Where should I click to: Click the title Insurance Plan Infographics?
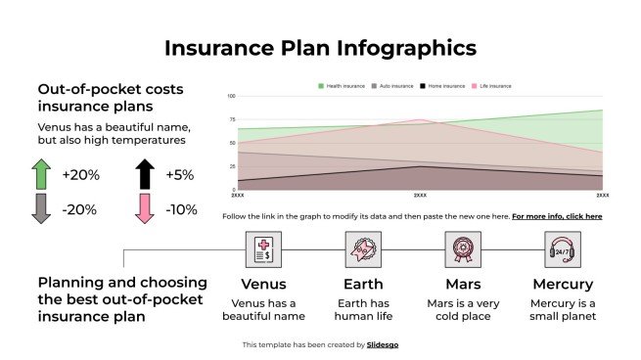coord(320,47)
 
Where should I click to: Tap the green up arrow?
coord(41,174)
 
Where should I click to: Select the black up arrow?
coord(145,174)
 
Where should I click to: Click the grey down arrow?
coord(41,208)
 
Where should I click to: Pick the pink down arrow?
coord(145,208)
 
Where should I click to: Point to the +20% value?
coord(79,175)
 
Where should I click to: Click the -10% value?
coord(180,209)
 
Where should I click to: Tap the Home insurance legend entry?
coord(442,86)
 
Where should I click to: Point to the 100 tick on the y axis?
coord(231,97)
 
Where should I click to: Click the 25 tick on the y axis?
coord(233,166)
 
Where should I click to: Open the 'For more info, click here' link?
coord(557,216)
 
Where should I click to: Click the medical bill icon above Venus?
coord(263,249)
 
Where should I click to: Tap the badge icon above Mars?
coord(463,249)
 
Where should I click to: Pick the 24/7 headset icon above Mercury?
coord(563,249)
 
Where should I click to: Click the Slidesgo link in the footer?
coord(382,344)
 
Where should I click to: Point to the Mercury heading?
coord(563,285)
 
